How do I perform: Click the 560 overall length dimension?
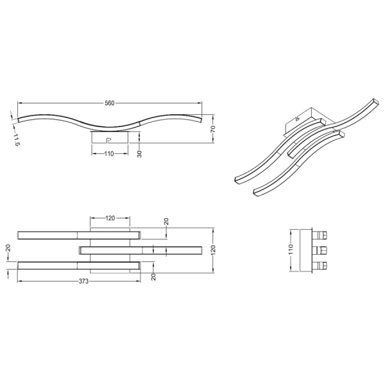pos(110,103)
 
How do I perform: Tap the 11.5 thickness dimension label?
pos(16,140)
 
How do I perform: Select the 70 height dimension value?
pos(212,129)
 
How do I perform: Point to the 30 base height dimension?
pos(139,154)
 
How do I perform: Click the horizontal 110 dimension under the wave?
pos(109,154)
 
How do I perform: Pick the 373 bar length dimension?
pos(83,281)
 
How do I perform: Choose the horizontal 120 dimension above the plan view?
pos(110,218)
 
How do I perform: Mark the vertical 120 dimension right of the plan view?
pos(213,249)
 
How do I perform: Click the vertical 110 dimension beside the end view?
pos(291,249)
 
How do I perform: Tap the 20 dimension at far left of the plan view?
pos(8,248)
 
